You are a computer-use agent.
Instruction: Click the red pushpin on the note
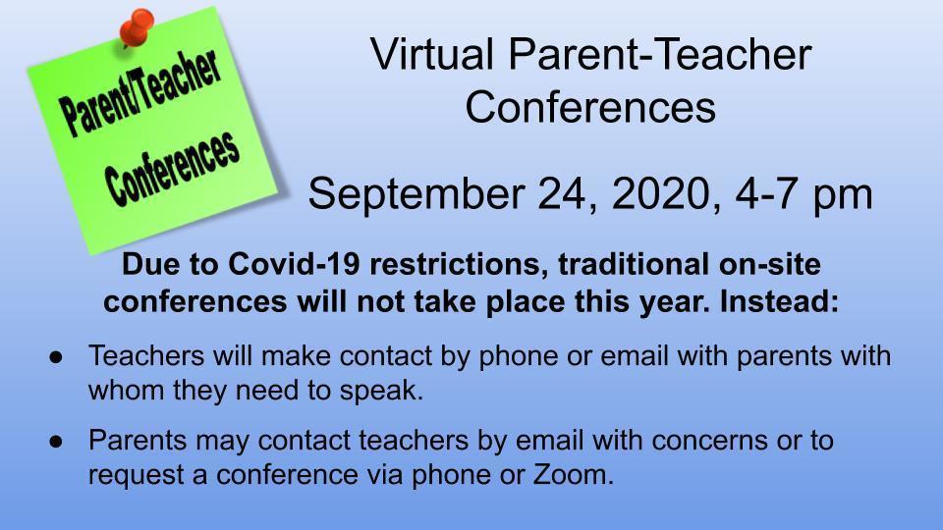pyautogui.click(x=137, y=27)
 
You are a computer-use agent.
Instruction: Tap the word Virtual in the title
pyautogui.click(x=432, y=54)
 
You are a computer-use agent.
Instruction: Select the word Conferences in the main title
pyautogui.click(x=590, y=108)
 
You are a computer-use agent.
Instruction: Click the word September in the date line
pyautogui.click(x=416, y=194)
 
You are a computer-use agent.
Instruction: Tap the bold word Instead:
pyautogui.click(x=779, y=301)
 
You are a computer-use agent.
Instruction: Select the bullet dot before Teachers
pyautogui.click(x=56, y=357)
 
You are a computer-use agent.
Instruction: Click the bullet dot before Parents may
pyautogui.click(x=56, y=441)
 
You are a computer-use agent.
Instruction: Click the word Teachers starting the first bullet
pyautogui.click(x=146, y=355)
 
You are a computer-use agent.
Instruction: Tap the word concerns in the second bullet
pyautogui.click(x=709, y=441)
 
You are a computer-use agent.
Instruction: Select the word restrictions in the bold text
pyautogui.click(x=454, y=264)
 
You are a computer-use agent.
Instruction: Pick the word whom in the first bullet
pyautogui.click(x=127, y=391)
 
